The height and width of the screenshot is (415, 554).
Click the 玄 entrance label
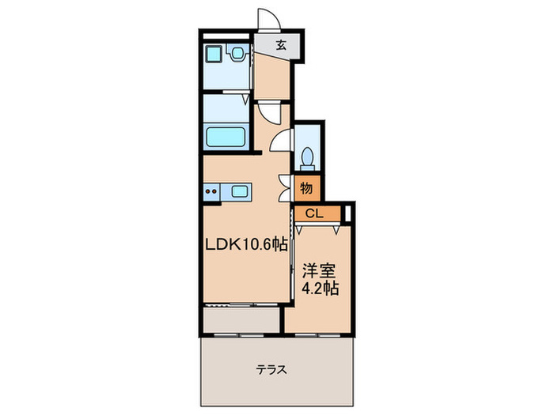280,45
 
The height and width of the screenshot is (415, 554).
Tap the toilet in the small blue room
309,155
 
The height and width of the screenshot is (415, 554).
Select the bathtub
228,137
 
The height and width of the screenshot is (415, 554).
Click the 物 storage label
307,189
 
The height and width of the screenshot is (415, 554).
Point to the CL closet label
314,213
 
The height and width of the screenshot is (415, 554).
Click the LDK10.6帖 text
247,246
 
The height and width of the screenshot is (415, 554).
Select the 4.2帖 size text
321,289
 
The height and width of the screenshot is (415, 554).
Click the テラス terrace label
271,369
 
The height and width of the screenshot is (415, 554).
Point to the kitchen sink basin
238,191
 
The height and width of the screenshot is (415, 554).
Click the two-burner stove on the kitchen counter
211,191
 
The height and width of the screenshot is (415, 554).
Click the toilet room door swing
282,142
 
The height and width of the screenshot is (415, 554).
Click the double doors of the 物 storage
286,189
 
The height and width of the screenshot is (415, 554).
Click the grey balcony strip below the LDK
241,319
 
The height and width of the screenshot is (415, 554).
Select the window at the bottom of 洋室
318,333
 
